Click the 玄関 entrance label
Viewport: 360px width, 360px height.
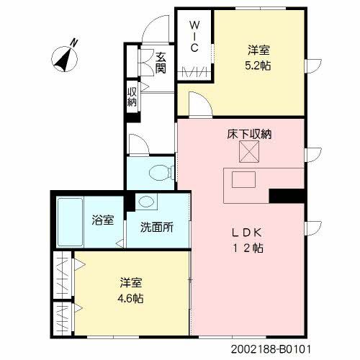pyautogui.click(x=161, y=63)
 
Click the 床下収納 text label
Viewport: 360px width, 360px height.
pyautogui.click(x=250, y=134)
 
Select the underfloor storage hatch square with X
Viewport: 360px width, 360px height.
pyautogui.click(x=249, y=152)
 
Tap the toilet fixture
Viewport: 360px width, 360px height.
pyautogui.click(x=160, y=172)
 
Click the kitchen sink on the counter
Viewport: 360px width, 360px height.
pyautogui.click(x=243, y=178)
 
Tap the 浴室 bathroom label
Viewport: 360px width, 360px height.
pyautogui.click(x=103, y=220)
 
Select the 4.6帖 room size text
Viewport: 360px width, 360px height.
pyautogui.click(x=127, y=297)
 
